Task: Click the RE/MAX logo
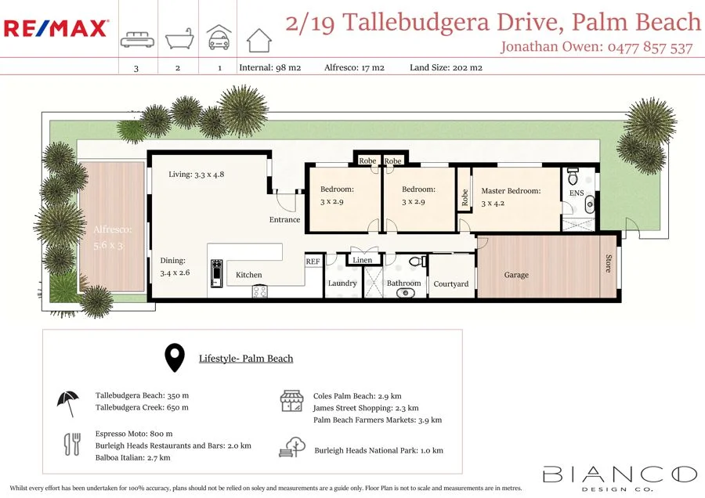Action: (x=56, y=29)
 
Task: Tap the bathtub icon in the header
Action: (x=177, y=38)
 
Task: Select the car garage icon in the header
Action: (x=219, y=38)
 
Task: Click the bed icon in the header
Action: (x=136, y=40)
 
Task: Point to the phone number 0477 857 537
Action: (x=650, y=48)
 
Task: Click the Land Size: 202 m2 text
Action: (x=446, y=67)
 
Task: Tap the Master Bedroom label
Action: (x=511, y=190)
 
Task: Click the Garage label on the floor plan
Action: (x=516, y=275)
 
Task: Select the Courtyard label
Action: (x=450, y=284)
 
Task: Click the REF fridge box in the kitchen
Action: (x=313, y=262)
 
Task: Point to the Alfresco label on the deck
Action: (x=113, y=230)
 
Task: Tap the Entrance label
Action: (x=284, y=219)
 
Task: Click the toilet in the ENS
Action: (x=573, y=174)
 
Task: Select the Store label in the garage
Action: (x=608, y=263)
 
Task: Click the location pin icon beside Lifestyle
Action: (x=175, y=358)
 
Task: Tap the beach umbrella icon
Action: (x=67, y=402)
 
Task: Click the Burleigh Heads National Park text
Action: (x=378, y=450)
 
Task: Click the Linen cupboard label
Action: (x=363, y=260)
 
